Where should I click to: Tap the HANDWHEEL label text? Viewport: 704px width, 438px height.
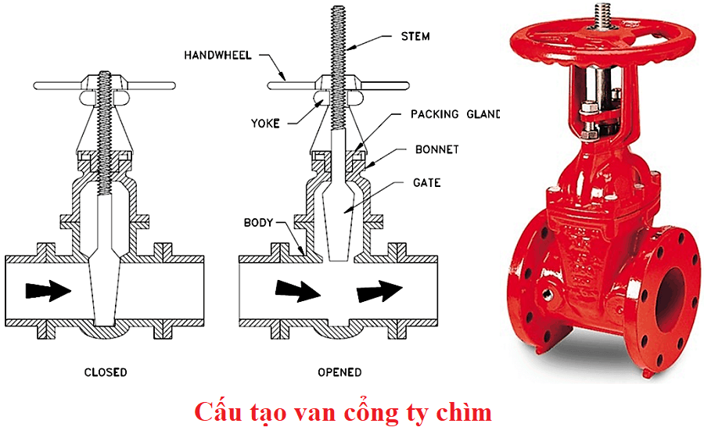click(218, 55)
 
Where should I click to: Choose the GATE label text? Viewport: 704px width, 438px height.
click(426, 183)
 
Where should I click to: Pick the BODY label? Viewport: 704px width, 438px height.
click(258, 223)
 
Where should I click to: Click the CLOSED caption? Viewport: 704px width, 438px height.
click(106, 372)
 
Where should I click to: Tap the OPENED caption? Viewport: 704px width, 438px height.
click(339, 372)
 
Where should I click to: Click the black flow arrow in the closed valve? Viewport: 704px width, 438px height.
click(48, 290)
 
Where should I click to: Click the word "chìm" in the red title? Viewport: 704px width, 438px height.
click(465, 412)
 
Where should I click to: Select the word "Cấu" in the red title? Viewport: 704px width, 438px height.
click(218, 412)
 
